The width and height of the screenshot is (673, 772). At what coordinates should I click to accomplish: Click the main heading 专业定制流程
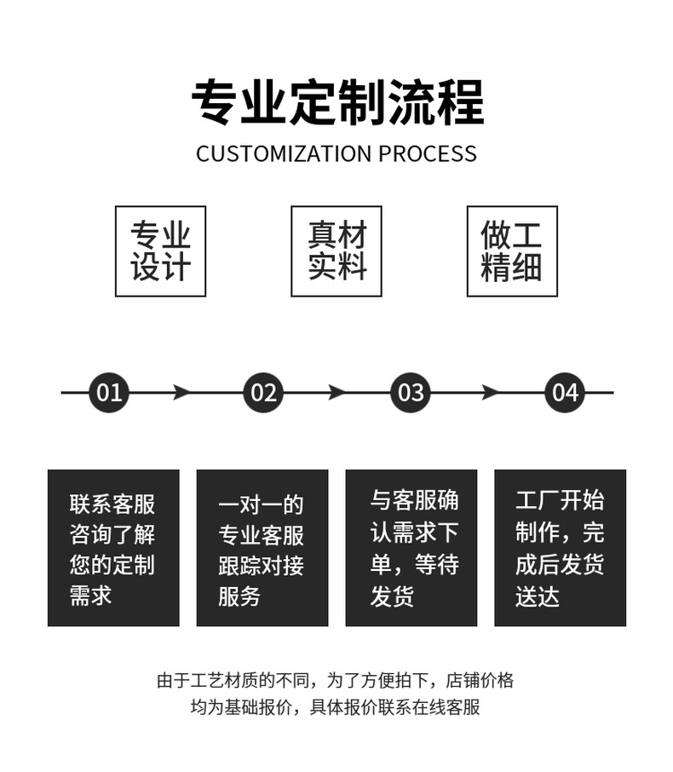coord(336,103)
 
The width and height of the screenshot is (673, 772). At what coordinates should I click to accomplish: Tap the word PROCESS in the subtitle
coord(428,154)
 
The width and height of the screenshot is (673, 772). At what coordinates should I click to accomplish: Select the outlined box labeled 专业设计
coord(160,251)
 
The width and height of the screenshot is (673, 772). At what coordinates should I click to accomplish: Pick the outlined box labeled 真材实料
coord(336,251)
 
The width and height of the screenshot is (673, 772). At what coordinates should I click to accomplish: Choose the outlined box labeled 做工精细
coord(512,251)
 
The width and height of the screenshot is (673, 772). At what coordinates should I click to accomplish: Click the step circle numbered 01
coord(109,393)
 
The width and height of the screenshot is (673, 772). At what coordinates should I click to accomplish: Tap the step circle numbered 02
coord(263,393)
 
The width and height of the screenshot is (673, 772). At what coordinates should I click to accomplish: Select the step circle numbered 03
coord(411,393)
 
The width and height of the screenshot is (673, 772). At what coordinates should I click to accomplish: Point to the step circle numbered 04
coord(565,393)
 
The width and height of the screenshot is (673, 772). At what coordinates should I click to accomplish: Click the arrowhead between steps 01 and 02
coord(181,393)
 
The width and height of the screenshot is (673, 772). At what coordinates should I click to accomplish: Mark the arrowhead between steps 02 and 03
coord(336,393)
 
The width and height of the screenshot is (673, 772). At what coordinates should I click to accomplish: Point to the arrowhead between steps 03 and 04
coord(490,393)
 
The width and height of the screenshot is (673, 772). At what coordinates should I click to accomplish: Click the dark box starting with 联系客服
coord(113,548)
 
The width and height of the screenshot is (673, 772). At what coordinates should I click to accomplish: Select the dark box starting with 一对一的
coord(262,548)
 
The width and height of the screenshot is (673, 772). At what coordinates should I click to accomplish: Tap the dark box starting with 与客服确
coord(411,548)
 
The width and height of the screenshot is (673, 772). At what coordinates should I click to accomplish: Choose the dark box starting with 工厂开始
coord(560,548)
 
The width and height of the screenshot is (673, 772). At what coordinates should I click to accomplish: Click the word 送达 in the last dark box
coord(537,596)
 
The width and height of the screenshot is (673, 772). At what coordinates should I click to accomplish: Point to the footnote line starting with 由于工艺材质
coord(336,681)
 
